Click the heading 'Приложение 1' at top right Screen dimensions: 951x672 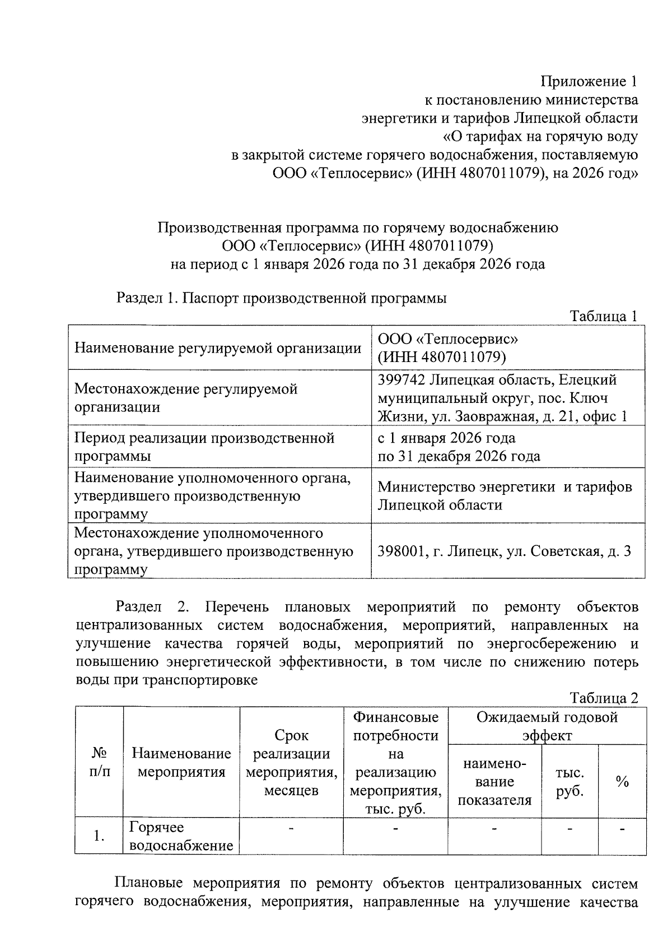click(589, 82)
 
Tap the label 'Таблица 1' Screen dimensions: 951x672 click(604, 316)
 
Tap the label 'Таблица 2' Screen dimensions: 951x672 click(604, 698)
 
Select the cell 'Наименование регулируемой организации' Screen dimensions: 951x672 click(218, 348)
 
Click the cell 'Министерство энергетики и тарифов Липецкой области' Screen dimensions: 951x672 click(504, 496)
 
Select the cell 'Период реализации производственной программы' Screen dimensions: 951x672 click(204, 447)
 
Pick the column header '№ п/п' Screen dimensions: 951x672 click(99, 763)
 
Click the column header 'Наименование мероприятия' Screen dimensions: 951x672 click(181, 763)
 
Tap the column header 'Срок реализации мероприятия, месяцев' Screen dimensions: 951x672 click(291, 763)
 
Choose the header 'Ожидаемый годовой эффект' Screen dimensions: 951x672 click(547, 726)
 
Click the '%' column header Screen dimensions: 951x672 click(622, 782)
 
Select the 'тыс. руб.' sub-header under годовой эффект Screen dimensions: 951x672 click(570, 782)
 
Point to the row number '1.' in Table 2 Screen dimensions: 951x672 click(99, 836)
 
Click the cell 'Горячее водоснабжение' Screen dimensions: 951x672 click(181, 836)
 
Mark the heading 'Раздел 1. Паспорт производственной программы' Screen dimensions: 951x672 click(281, 298)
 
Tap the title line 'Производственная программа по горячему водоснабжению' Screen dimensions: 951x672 click(357, 228)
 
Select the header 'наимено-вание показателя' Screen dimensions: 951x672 click(494, 782)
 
